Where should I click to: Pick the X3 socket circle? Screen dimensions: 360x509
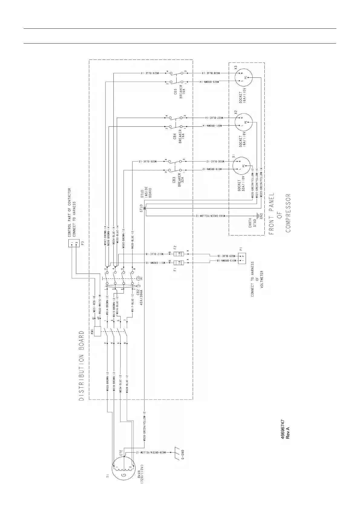point(244,77)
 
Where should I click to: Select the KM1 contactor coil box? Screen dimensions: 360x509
point(97,331)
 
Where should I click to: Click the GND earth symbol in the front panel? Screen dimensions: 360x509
point(259,216)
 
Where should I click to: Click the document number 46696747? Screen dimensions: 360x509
point(282,430)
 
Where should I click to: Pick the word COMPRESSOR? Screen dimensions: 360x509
point(288,213)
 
